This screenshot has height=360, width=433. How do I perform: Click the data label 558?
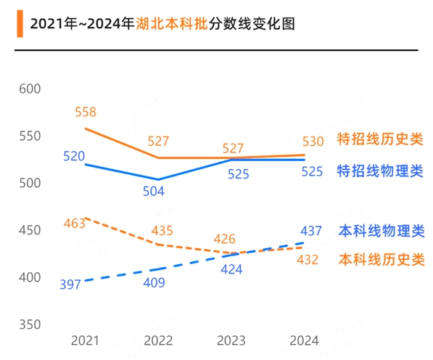(x=85, y=112)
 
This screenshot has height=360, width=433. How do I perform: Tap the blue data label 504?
(x=154, y=192)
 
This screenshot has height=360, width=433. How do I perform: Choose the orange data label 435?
(x=162, y=231)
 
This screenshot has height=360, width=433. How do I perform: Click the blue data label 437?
(x=310, y=231)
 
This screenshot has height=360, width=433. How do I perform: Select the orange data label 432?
(x=308, y=261)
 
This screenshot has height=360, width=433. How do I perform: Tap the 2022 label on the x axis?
(x=158, y=340)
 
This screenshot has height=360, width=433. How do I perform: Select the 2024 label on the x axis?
(x=303, y=340)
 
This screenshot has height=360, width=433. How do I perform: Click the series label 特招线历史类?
(x=380, y=140)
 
